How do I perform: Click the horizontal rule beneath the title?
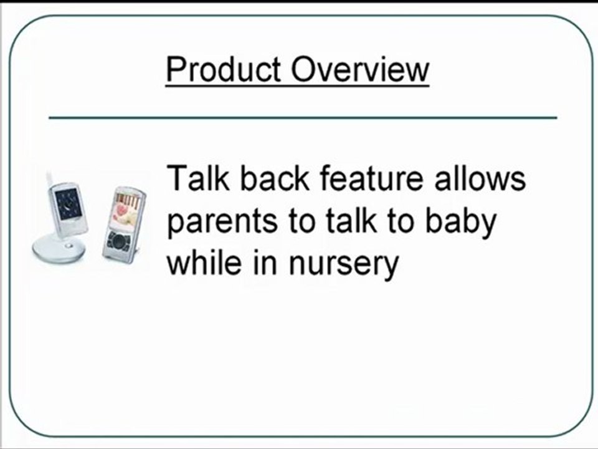[x=303, y=117]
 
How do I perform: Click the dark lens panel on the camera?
[x=67, y=203]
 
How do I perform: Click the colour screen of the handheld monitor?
[x=124, y=213]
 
